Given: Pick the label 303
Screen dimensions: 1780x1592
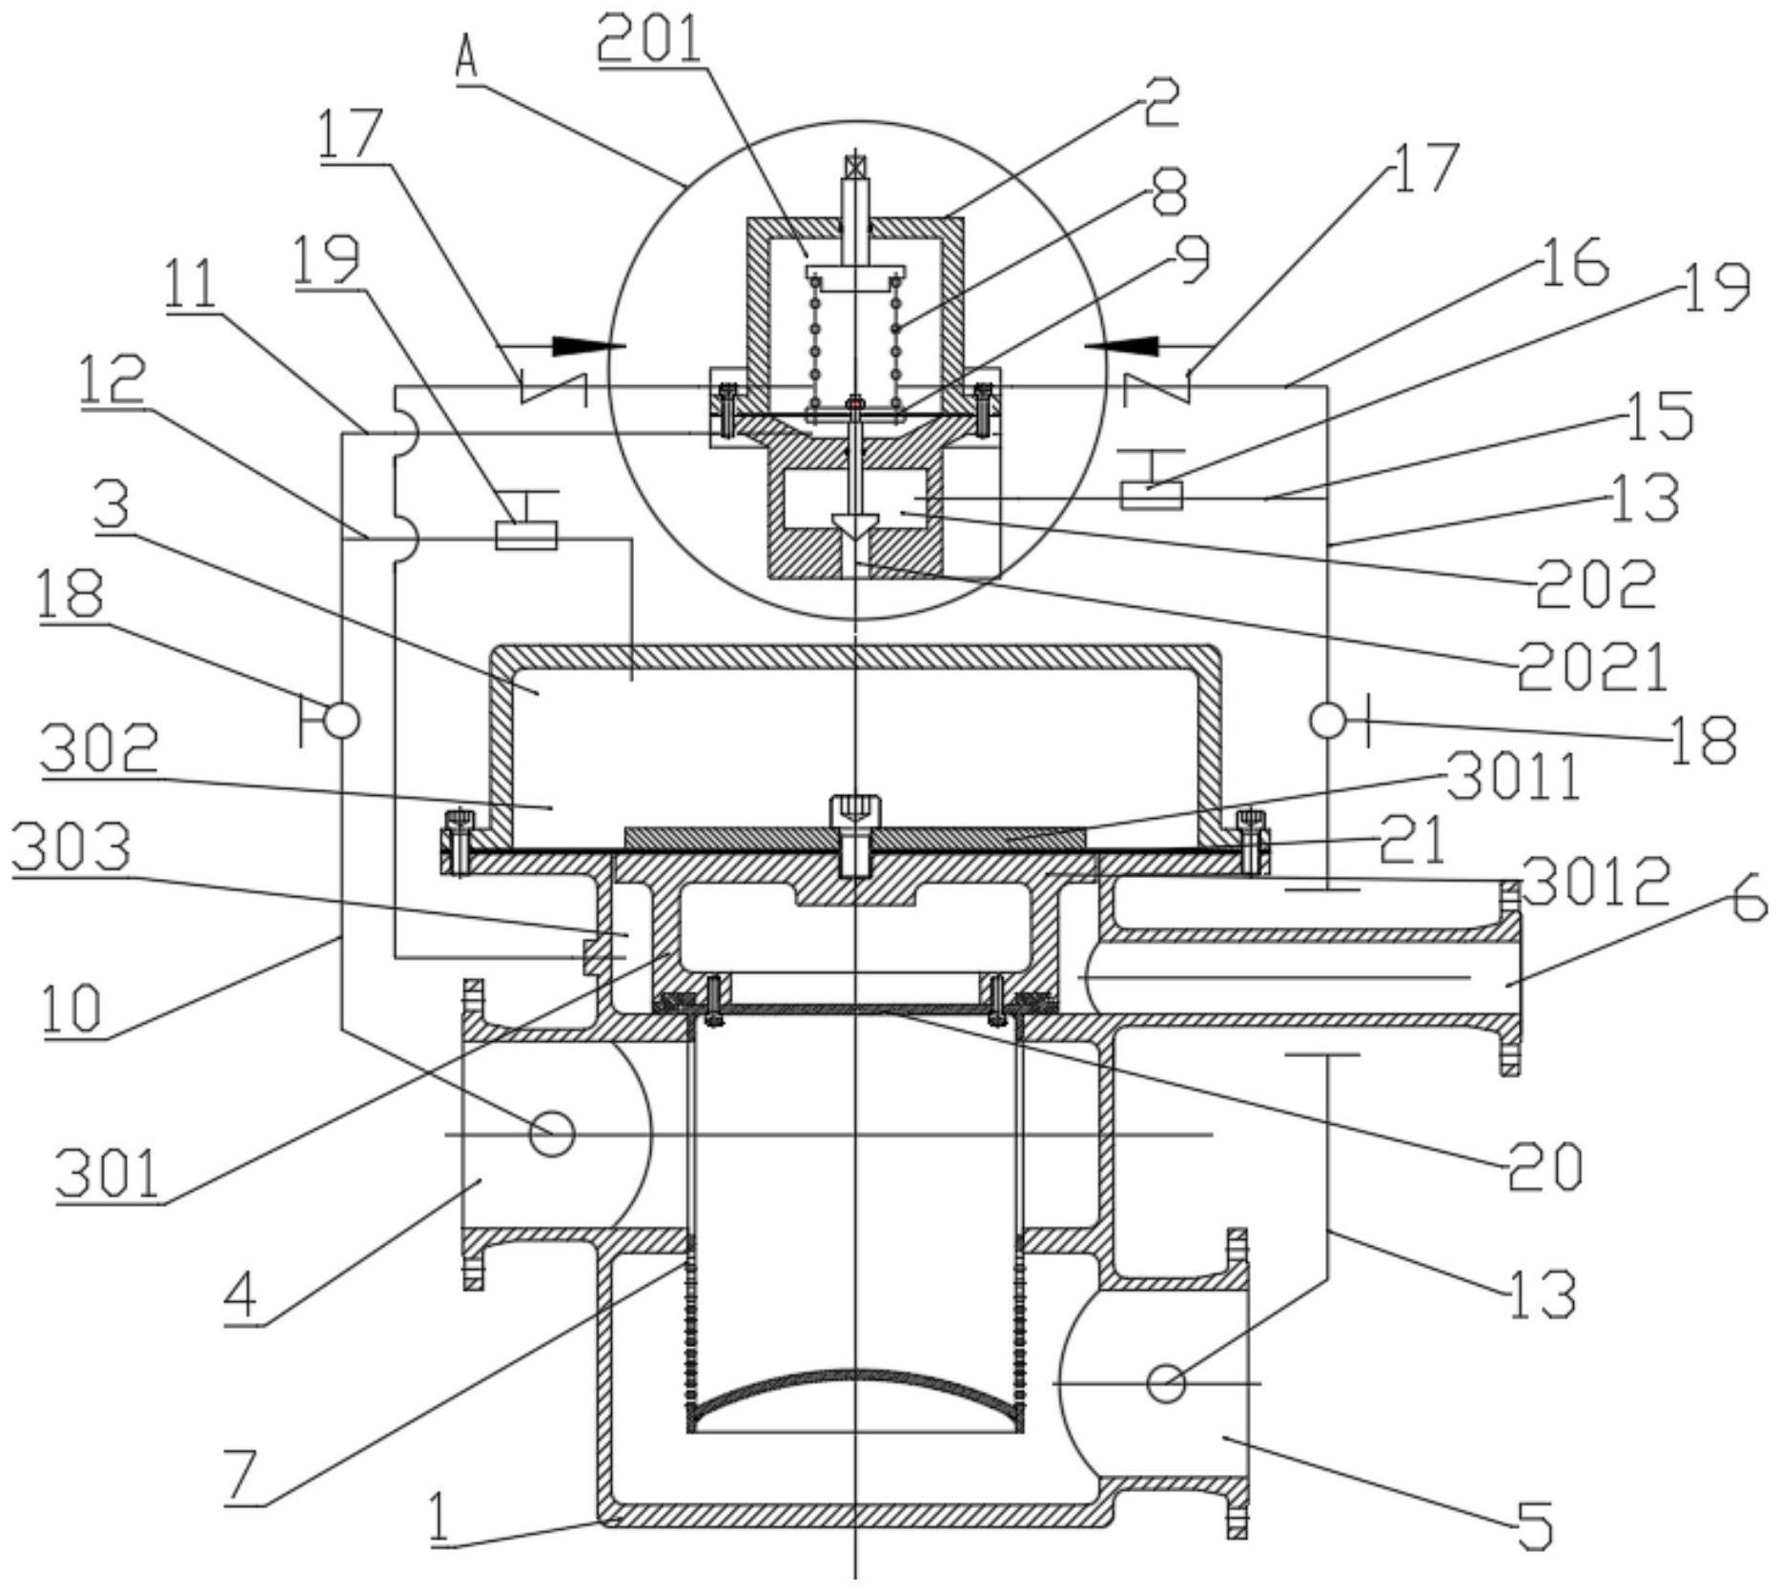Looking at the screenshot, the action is (x=72, y=847).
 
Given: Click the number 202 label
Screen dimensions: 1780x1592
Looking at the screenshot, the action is (x=1595, y=583).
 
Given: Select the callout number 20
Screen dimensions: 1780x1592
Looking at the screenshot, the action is (x=1545, y=1166).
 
